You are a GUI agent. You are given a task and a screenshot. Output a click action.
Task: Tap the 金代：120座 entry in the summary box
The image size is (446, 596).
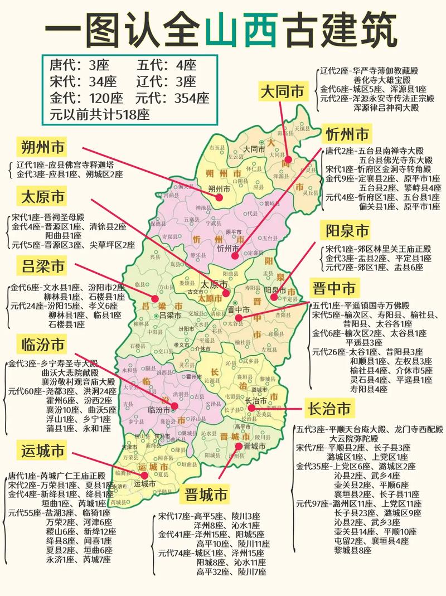86,98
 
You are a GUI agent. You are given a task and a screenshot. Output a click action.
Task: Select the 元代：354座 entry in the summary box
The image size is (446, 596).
173,98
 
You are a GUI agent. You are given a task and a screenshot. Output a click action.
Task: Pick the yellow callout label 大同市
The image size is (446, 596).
283,91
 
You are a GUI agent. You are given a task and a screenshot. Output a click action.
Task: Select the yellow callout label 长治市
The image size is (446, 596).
329,409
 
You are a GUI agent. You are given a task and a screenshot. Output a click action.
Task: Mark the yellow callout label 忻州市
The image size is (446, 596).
347,134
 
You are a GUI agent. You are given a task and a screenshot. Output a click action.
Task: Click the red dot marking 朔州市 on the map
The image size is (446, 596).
219,197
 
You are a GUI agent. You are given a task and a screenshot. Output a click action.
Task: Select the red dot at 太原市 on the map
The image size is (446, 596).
225,293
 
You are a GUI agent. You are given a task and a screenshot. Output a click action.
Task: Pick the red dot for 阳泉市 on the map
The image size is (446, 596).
273,297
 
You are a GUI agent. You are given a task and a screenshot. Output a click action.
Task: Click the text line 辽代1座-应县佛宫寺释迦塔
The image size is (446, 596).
65,165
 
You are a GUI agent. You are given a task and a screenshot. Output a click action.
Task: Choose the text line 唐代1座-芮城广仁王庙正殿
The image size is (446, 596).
56,476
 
